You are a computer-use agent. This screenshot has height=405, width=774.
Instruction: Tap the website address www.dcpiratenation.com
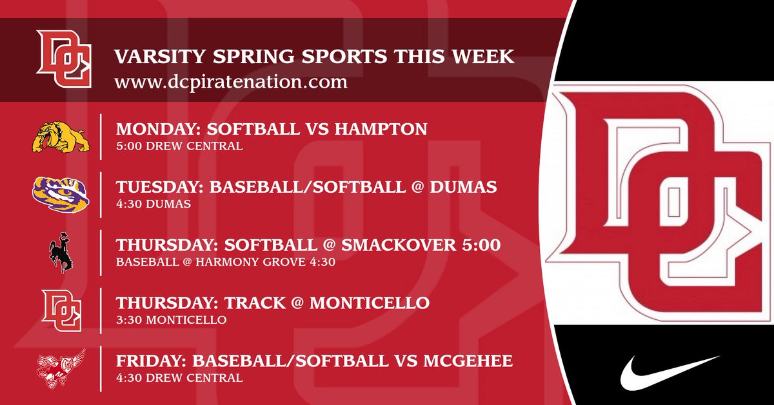click(x=231, y=82)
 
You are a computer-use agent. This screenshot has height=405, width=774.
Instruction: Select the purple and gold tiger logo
click(x=61, y=194)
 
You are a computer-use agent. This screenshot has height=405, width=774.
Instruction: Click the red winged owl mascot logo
click(x=61, y=368)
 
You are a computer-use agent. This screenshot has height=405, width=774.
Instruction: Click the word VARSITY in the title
click(x=150, y=57)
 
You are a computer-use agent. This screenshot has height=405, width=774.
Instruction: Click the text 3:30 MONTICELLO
click(x=171, y=319)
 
